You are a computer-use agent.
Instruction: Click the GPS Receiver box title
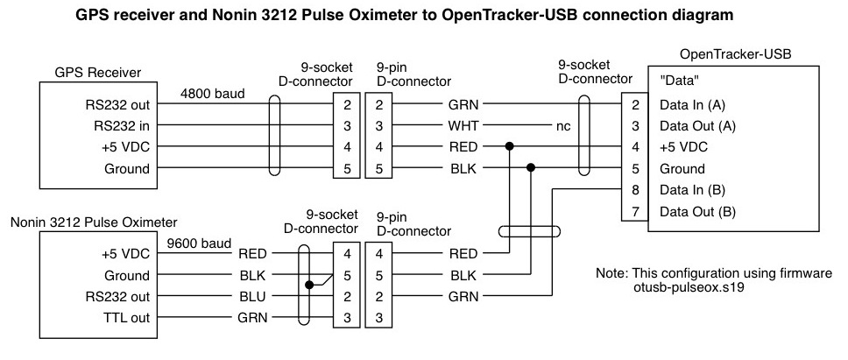coord(98,72)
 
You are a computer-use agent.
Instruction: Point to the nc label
coord(563,125)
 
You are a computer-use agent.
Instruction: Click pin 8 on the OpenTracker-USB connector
coord(634,189)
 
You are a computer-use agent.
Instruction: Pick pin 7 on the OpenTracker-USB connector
coord(634,211)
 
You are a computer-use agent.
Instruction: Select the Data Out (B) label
coord(697,211)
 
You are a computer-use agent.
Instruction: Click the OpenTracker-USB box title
coord(736,54)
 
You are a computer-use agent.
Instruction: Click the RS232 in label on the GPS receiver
coord(123,125)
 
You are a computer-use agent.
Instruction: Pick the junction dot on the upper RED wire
coord(509,146)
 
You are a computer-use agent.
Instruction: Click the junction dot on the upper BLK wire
coord(530,168)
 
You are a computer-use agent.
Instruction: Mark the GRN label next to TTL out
coord(253,317)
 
